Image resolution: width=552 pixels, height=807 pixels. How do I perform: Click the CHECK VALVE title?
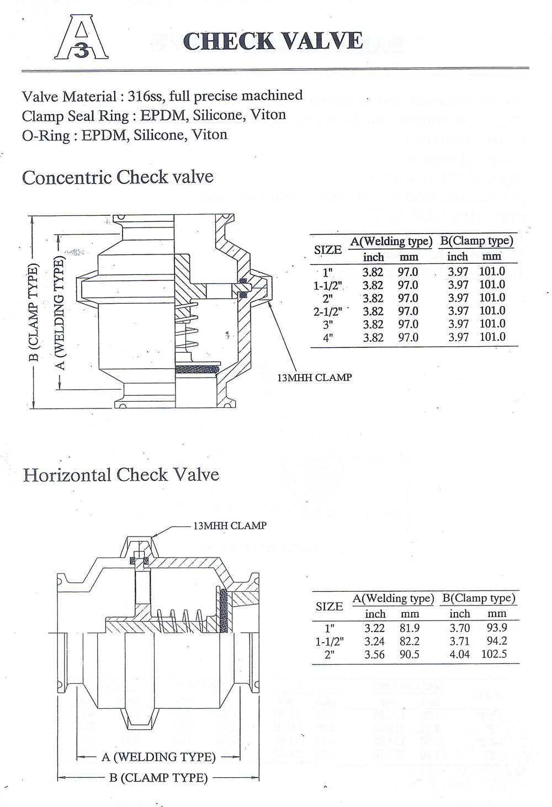[x=273, y=41]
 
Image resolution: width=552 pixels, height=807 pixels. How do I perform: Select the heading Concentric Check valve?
[x=118, y=177]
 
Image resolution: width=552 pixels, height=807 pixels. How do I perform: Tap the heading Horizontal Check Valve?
[x=121, y=475]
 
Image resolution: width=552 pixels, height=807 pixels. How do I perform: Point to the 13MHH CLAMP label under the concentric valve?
[x=314, y=378]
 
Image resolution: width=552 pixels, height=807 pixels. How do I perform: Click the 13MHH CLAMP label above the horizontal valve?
[x=230, y=525]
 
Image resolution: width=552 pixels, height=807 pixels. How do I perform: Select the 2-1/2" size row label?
[x=328, y=311]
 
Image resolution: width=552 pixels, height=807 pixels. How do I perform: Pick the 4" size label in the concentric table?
[x=328, y=337]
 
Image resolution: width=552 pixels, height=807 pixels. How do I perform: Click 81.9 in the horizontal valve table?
[x=410, y=628]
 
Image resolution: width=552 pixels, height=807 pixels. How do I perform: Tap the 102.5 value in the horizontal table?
[x=494, y=654]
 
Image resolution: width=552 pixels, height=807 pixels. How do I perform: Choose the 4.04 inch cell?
[x=459, y=654]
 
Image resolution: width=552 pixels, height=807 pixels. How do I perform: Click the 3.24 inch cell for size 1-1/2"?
[x=375, y=641]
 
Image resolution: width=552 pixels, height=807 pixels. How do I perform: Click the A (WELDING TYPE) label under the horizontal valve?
[x=158, y=757]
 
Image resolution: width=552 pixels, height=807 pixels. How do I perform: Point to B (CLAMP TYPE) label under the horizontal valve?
[x=158, y=778]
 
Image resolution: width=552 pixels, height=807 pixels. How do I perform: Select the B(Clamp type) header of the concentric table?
[x=477, y=241]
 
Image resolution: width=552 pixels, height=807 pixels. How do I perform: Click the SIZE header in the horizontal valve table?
[x=330, y=606]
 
